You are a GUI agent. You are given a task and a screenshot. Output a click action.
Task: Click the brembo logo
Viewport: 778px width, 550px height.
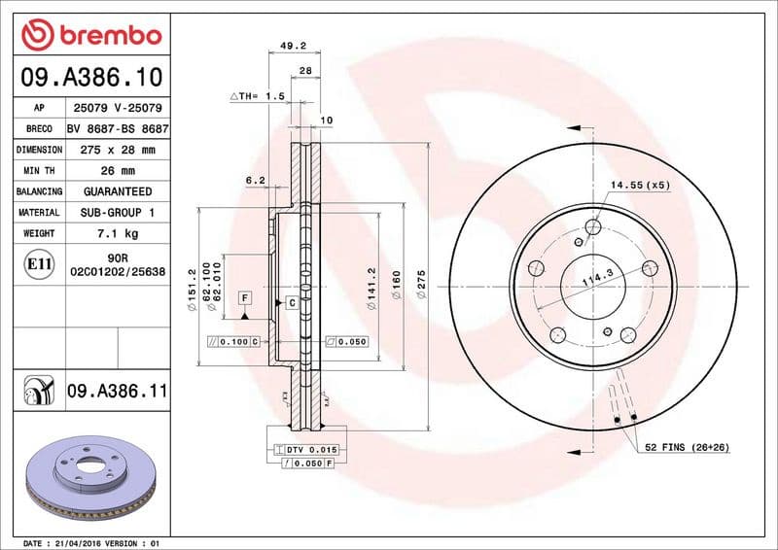[90, 37]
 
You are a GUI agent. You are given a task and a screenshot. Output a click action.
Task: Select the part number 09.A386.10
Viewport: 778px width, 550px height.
[90, 76]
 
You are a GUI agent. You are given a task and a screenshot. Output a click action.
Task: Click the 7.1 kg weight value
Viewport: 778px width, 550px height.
[118, 233]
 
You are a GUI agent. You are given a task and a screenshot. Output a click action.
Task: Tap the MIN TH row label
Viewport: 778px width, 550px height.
[39, 171]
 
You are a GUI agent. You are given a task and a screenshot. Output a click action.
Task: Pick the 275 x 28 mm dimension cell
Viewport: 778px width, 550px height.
[118, 150]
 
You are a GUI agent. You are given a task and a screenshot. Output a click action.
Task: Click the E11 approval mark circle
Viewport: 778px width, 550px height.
[39, 263]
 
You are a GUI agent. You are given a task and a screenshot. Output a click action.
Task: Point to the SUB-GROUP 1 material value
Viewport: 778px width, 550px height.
[118, 212]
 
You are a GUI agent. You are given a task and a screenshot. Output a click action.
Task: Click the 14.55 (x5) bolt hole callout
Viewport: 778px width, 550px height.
[640, 185]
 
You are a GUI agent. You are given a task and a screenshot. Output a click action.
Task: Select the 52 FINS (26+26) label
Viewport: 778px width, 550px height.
[687, 446]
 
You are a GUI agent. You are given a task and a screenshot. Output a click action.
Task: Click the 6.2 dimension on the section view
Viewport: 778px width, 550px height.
[255, 180]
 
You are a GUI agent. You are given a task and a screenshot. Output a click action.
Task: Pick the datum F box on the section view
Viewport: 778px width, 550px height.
[245, 296]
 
